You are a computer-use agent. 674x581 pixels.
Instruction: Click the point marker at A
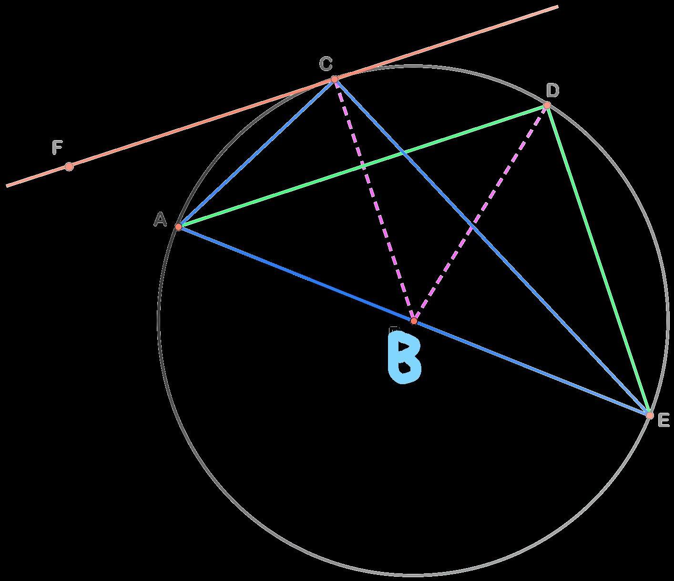(178, 226)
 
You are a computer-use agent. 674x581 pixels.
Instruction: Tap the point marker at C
(335, 79)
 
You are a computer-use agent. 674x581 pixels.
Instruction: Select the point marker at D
(547, 105)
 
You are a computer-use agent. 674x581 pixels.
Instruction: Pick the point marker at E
(650, 415)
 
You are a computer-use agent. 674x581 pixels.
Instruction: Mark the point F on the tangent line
(69, 167)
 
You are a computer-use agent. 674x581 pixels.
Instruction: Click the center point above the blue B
(414, 321)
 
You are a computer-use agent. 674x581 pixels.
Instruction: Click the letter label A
(160, 219)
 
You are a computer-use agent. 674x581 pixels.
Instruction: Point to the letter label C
(326, 63)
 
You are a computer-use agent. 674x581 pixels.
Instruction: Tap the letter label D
(553, 90)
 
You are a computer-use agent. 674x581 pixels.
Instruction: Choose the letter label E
(664, 419)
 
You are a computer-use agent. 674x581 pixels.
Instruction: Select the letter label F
(57, 147)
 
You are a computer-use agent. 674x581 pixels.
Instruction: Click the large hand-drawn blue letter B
(404, 357)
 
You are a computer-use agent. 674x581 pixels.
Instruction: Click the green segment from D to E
(599, 260)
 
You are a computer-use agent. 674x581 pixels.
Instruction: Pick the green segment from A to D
(363, 166)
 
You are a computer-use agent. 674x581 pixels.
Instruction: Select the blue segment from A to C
(256, 153)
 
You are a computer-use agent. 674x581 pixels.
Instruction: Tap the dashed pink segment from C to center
(374, 200)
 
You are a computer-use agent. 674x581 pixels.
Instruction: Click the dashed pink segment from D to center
(480, 213)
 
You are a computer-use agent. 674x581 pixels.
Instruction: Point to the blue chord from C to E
(492, 247)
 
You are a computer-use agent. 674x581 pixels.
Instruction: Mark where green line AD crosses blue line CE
(403, 152)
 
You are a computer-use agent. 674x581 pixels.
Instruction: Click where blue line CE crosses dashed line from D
(472, 225)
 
